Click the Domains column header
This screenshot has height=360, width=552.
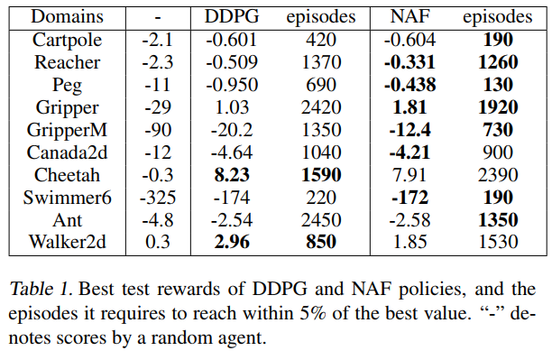pyautogui.click(x=67, y=16)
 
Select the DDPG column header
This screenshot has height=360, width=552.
pyautogui.click(x=232, y=16)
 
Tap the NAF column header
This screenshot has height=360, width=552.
pyautogui.click(x=409, y=16)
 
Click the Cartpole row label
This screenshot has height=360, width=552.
pyautogui.click(x=67, y=41)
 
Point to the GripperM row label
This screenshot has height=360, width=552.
pyautogui.click(x=67, y=131)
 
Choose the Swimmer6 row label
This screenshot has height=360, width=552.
pyautogui.click(x=67, y=198)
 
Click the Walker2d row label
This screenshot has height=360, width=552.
pyautogui.click(x=67, y=242)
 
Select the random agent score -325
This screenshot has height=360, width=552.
pyautogui.click(x=158, y=198)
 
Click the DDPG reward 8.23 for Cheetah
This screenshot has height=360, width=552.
pyautogui.click(x=232, y=175)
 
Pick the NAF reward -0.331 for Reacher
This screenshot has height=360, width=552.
pyautogui.click(x=409, y=62)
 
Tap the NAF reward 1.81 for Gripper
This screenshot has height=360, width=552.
pyautogui.click(x=409, y=107)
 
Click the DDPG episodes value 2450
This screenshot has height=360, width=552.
pyautogui.click(x=321, y=220)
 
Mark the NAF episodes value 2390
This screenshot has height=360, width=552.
pyautogui.click(x=498, y=175)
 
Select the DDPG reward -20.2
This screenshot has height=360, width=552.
pyautogui.click(x=232, y=130)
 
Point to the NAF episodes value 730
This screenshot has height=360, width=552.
pyautogui.click(x=498, y=130)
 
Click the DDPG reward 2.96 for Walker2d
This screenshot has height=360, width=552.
pyautogui.click(x=232, y=242)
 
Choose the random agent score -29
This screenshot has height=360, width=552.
pyautogui.click(x=158, y=107)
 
